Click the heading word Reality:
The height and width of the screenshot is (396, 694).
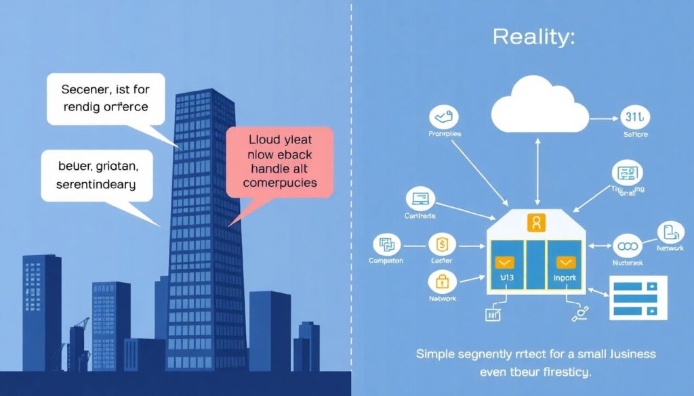coord(533,37)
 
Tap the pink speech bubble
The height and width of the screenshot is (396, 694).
coord(280,162)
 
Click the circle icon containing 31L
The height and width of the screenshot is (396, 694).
coord(635,118)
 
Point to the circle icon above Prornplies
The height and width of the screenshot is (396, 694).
coord(444,118)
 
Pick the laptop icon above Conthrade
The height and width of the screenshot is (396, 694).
coord(420,200)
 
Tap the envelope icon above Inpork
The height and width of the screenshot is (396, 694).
coord(565,262)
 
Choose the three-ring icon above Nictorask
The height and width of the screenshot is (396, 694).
coord(627,245)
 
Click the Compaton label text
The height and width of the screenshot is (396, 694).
coord(386,261)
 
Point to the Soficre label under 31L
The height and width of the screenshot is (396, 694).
coord(635,135)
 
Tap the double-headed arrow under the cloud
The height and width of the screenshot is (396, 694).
coord(537,169)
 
